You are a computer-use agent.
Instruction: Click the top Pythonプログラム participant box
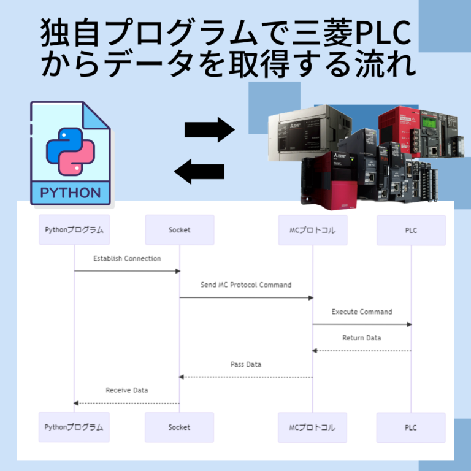tap(74, 230)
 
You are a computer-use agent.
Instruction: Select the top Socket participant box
tap(179, 230)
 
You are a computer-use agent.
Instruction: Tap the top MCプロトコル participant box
tap(312, 230)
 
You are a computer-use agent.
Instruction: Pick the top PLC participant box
tap(411, 230)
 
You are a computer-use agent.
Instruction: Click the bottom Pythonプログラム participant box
tap(74, 427)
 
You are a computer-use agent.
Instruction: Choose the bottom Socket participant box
tap(179, 427)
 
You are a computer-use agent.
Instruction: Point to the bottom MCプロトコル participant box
tap(312, 427)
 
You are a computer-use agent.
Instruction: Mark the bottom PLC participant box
tap(411, 427)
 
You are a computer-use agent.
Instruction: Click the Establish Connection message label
tap(127, 259)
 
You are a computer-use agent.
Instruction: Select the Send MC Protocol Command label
tap(246, 285)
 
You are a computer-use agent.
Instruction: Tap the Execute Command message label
tap(362, 312)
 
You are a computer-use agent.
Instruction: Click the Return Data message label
tap(362, 338)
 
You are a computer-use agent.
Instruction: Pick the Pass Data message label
tap(246, 364)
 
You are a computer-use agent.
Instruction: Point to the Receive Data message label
tap(127, 390)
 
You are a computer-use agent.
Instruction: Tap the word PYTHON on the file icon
tap(71, 193)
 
